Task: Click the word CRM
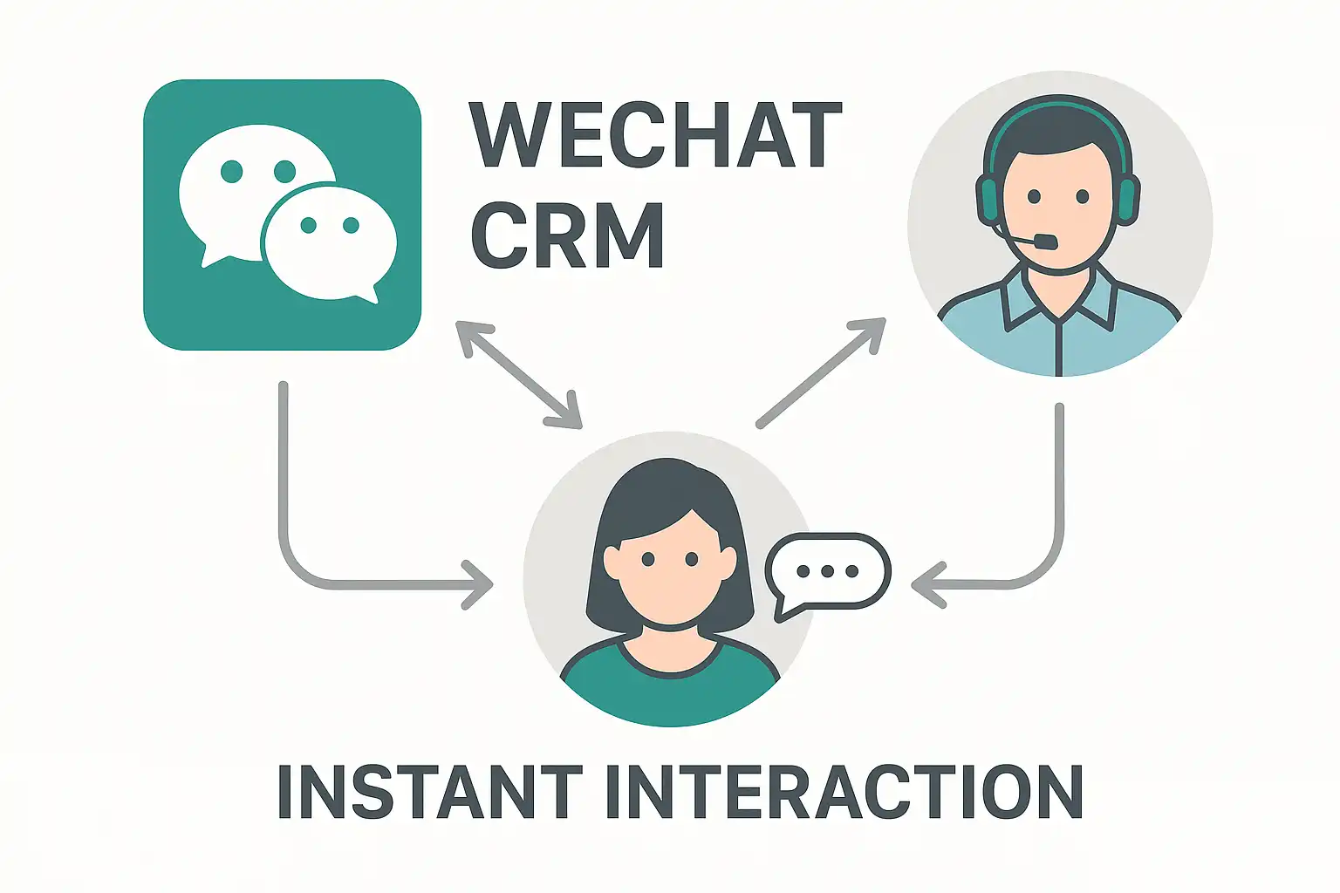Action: [568, 235]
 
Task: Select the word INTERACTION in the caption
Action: [843, 791]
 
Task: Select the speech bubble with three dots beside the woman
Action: [828, 572]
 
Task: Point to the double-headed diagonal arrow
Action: [518, 375]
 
